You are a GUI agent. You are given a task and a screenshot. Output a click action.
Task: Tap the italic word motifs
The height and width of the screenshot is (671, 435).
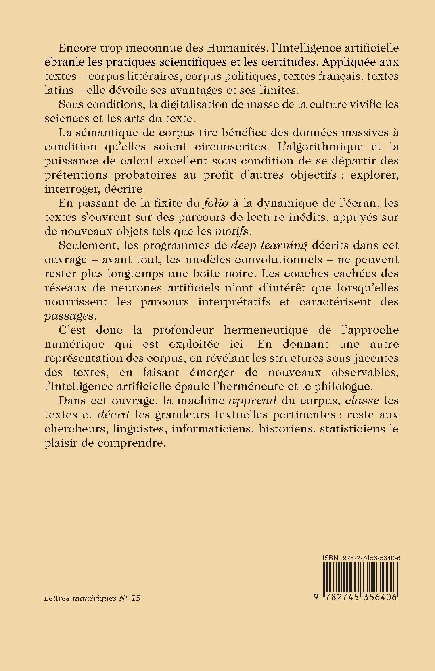click(x=232, y=231)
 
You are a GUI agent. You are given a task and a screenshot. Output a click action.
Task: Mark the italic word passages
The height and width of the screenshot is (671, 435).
click(x=69, y=316)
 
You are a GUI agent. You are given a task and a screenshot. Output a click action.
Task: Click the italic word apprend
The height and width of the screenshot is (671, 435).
click(x=253, y=401)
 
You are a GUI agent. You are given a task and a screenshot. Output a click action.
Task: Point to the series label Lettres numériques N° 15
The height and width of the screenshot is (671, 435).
click(x=92, y=598)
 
